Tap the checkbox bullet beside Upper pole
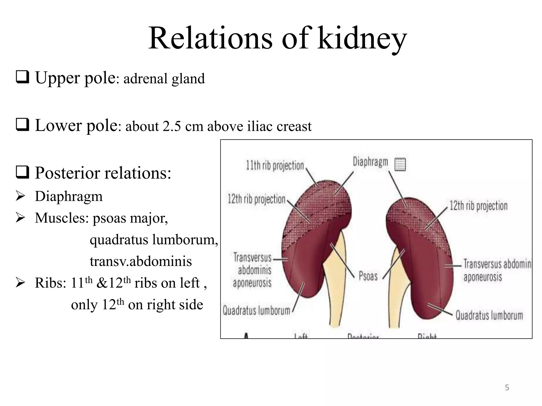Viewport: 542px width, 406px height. [x=22, y=77]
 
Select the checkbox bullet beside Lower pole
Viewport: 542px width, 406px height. [x=22, y=125]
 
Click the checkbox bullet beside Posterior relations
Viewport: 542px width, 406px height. [x=22, y=173]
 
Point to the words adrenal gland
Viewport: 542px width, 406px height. [x=164, y=79]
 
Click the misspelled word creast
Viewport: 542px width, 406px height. [x=295, y=126]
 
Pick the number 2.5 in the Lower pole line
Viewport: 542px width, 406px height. [x=172, y=126]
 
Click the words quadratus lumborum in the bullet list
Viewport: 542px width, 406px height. [x=154, y=240]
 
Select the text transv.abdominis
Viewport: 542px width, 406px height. [x=141, y=261]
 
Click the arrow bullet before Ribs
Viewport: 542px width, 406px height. [x=20, y=283]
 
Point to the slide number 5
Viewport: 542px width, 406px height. [x=507, y=387]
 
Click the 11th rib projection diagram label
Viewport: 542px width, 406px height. [x=275, y=166]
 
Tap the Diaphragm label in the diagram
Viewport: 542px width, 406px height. [x=370, y=162]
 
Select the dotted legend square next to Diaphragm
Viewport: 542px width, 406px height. [x=400, y=164]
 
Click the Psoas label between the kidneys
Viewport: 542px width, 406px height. [x=368, y=276]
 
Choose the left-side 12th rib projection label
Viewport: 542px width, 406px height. [x=256, y=199]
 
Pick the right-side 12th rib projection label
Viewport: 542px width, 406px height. [x=478, y=206]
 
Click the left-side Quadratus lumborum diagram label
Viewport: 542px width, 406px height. [x=256, y=310]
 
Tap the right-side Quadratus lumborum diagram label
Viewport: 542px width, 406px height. [x=489, y=315]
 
